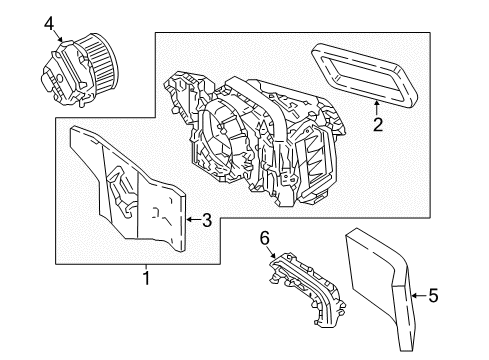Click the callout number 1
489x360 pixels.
tap(146, 278)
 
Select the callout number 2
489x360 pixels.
tap(378, 125)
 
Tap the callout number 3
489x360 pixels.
tap(207, 220)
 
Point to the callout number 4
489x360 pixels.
tap(49, 24)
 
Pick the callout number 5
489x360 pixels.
tap(433, 295)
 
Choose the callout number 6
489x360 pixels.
tap(264, 239)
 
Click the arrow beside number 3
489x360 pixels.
tap(193, 219)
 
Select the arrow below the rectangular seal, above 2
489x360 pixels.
tap(377, 108)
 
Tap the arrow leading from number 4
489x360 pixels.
tap(57, 35)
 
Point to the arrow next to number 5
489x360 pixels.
tap(419, 295)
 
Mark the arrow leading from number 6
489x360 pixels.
tap(270, 252)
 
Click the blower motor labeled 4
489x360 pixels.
tap(80, 69)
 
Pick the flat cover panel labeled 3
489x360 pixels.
tap(127, 189)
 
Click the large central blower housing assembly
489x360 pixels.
tap(253, 140)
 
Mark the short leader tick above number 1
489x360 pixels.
tap(146, 267)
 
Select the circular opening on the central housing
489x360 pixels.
tap(217, 138)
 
